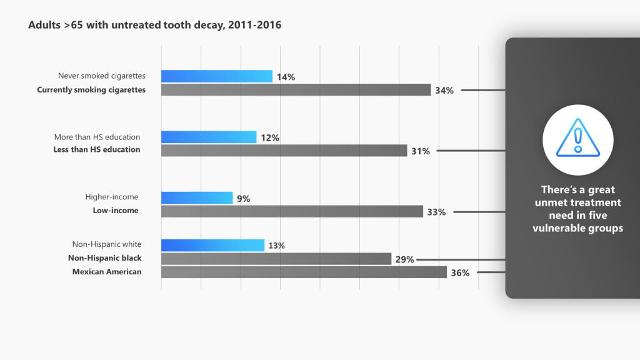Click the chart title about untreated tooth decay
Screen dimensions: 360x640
(x=155, y=26)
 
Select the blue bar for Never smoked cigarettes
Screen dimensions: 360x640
(x=216, y=76)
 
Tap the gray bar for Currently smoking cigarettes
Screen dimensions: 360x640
(x=296, y=90)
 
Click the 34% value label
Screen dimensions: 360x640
(x=444, y=91)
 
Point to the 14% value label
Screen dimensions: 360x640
(x=286, y=77)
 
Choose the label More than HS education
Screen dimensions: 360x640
(x=97, y=137)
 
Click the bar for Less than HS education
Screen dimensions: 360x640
(x=284, y=151)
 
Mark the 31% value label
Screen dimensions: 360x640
(x=421, y=151)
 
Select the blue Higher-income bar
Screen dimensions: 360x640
(x=197, y=198)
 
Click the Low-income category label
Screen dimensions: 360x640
(x=116, y=211)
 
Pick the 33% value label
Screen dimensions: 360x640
(x=436, y=212)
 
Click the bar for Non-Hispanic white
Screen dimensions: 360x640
(x=212, y=245)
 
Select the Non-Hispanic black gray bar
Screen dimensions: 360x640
(x=276, y=259)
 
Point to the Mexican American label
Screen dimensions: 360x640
(x=107, y=272)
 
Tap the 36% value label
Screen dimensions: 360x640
(x=460, y=272)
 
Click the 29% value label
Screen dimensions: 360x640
(x=405, y=259)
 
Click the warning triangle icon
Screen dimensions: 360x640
(x=577, y=139)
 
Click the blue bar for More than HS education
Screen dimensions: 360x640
(x=209, y=137)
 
